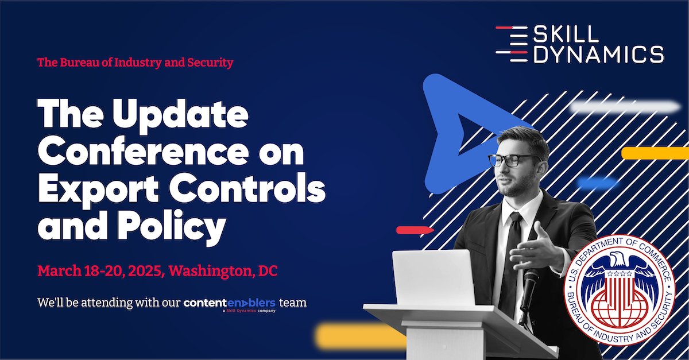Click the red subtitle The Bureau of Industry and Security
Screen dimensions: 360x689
click(x=136, y=63)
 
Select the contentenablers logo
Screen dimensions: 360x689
click(x=230, y=303)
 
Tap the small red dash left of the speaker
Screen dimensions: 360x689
click(x=415, y=230)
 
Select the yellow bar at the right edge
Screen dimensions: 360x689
click(x=655, y=153)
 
